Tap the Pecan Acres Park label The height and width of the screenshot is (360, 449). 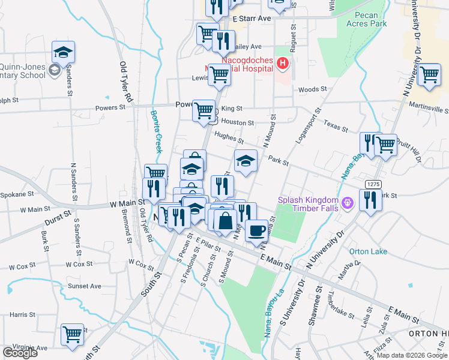tap(367, 19)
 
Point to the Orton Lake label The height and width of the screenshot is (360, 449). tap(369, 251)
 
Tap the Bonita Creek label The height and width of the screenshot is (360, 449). tap(155, 131)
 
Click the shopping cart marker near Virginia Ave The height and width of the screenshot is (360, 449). tap(73, 334)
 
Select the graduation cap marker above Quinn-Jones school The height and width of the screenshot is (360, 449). tap(63, 53)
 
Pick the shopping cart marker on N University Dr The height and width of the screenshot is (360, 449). tap(429, 76)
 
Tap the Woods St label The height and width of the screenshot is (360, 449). tap(312, 89)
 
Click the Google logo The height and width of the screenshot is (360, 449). tap(20, 353)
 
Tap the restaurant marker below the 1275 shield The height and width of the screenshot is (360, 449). tap(370, 200)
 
